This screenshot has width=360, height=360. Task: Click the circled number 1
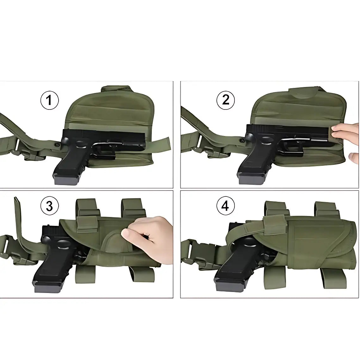pyautogui.click(x=50, y=100)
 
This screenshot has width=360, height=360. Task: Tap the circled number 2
pyautogui.click(x=226, y=100)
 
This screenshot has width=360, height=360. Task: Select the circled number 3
pyautogui.click(x=50, y=206)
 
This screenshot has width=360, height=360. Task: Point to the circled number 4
pyautogui.click(x=226, y=206)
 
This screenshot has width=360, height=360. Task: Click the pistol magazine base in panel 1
pyautogui.click(x=66, y=180)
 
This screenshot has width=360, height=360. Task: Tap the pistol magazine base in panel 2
pyautogui.click(x=251, y=179)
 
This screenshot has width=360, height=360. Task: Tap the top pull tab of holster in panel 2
pyautogui.click(x=304, y=92)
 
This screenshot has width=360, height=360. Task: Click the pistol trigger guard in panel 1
pyautogui.click(x=104, y=150)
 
